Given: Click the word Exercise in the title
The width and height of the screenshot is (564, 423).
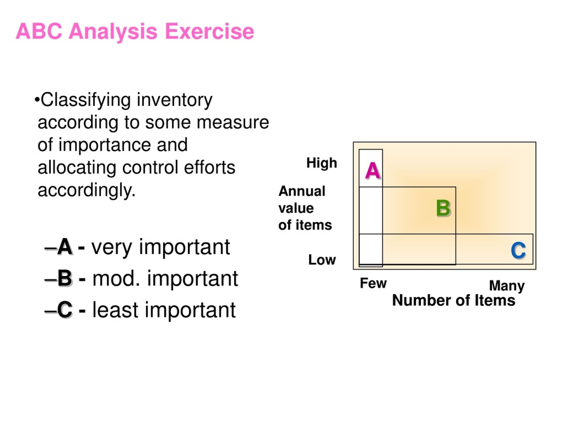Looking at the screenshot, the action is click(210, 31).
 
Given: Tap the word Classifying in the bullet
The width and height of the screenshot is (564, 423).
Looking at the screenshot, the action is click(86, 100).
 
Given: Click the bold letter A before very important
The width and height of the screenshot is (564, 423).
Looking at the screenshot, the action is click(65, 247).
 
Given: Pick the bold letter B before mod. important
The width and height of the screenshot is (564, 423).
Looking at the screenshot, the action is click(65, 278).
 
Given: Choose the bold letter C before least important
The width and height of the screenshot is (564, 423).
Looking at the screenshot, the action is click(65, 310).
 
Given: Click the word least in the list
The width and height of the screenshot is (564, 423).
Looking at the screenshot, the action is click(115, 310).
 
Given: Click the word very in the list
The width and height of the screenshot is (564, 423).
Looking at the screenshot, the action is click(112, 247).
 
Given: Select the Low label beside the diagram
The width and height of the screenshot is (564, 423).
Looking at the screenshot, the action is click(322, 260).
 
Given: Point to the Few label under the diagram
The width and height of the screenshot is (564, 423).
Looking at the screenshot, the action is click(373, 283).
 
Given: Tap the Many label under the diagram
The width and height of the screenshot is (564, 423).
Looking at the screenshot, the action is click(507, 286).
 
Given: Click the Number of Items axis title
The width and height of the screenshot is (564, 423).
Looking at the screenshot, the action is click(454, 300).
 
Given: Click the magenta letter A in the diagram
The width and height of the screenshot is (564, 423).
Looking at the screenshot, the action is click(373, 170).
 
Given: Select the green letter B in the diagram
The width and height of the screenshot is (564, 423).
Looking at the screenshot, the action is click(443, 208).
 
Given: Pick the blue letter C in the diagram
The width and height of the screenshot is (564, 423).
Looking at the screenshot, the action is click(518, 251).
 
